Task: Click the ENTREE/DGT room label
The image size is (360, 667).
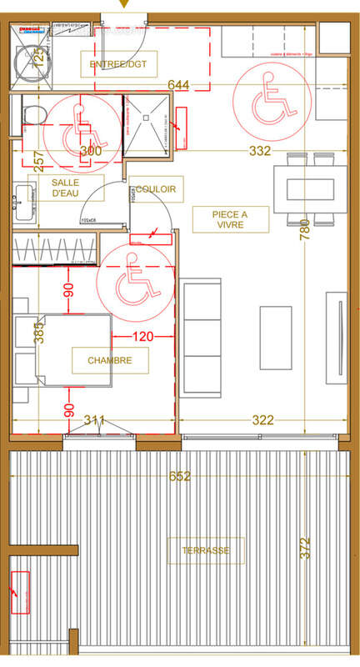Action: [118, 63]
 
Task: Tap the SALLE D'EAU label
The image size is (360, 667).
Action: [66, 188]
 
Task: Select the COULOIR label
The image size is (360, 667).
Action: [156, 189]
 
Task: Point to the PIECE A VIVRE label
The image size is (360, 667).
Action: [230, 219]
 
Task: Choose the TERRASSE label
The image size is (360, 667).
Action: [206, 550]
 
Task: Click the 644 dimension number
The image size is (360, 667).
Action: [179, 85]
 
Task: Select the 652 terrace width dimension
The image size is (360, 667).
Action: [180, 477]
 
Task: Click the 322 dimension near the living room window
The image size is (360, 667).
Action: [262, 421]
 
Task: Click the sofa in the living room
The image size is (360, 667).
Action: [201, 338]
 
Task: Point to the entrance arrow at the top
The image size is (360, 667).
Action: [125, 5]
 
